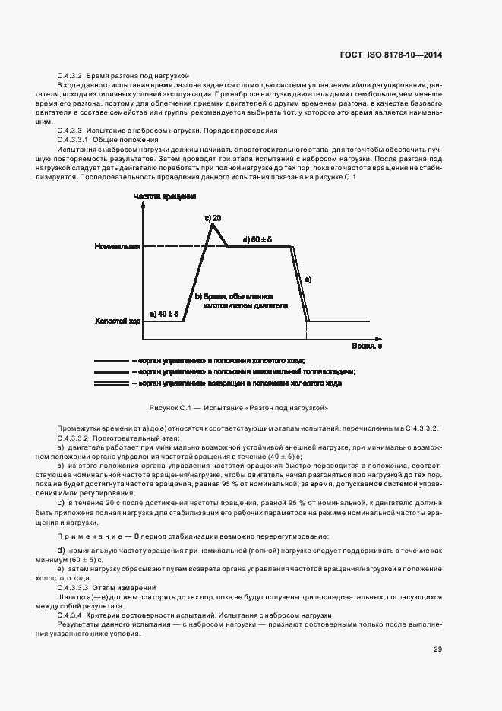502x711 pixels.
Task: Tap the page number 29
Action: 438,649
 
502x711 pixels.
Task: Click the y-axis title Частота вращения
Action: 166,196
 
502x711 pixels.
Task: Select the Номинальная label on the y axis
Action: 118,247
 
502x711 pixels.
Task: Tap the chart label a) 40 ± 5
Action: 164,313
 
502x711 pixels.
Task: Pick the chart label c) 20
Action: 213,218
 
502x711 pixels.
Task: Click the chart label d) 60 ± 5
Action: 257,239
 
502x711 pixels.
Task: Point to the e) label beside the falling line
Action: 308,280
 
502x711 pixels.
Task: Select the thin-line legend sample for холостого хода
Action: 111,360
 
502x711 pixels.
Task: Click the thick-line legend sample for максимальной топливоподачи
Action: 111,372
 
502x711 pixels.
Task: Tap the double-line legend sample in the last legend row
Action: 111,384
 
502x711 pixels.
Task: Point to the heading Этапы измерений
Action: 130,588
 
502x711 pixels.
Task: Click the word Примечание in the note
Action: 82,536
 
